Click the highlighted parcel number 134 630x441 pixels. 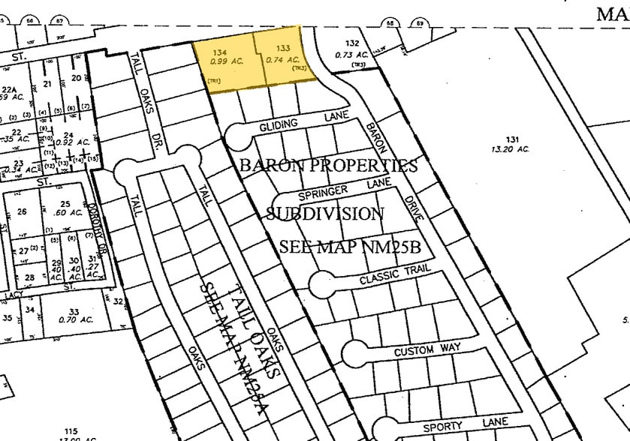pos(219,52)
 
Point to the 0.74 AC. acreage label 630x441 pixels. pos(283,60)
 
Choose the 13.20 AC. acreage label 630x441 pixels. pos(511,149)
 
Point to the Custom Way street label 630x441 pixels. pos(426,349)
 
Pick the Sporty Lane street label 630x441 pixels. pos(466,425)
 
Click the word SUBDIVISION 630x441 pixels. pos(326,214)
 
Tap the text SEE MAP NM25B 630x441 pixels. pos(348,247)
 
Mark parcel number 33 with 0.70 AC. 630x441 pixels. pos(74,315)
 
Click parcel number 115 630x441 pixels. pos(71,431)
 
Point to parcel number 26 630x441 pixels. pos(22,211)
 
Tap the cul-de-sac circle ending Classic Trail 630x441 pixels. pos(322,284)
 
